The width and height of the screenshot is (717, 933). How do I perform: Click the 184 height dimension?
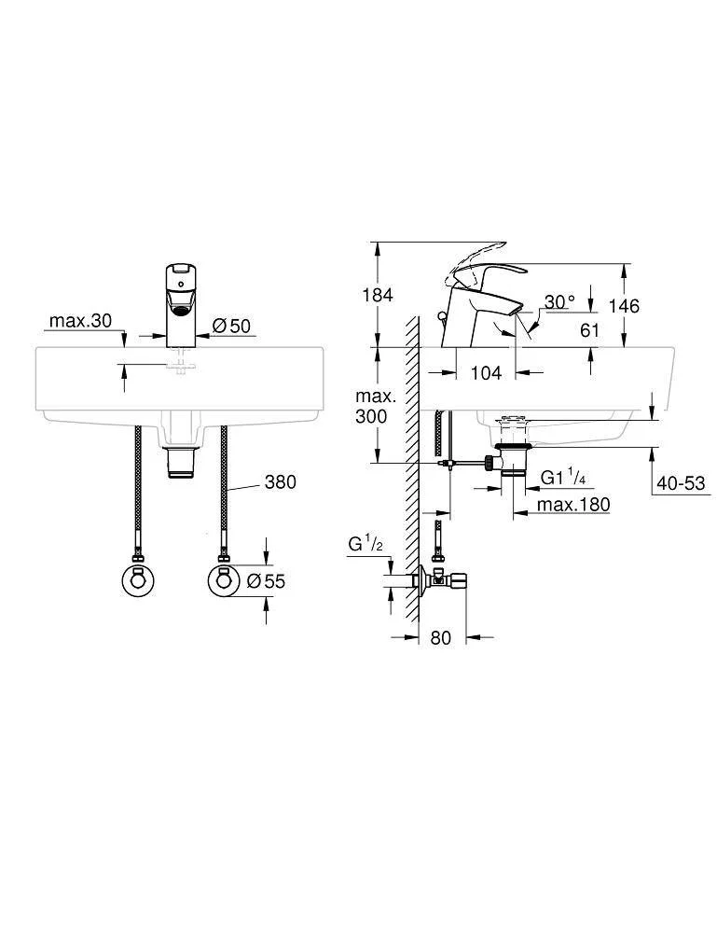click(378, 295)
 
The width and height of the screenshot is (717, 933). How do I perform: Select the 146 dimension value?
click(624, 306)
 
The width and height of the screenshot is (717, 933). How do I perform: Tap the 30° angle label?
click(559, 302)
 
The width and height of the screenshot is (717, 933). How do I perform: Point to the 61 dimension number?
click(590, 329)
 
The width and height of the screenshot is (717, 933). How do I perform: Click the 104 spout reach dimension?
click(486, 373)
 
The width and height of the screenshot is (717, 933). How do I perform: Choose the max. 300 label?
click(375, 406)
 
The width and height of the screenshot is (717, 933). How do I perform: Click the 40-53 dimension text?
click(681, 482)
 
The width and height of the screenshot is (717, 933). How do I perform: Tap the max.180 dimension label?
click(573, 505)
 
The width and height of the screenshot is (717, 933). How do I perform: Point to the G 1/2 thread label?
click(365, 543)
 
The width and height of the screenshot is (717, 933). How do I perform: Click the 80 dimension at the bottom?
click(440, 638)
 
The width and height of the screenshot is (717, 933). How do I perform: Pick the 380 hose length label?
click(280, 481)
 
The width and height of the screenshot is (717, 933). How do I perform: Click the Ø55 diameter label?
click(266, 580)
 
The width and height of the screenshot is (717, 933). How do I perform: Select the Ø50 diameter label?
click(231, 326)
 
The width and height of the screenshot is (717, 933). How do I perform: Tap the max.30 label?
click(80, 321)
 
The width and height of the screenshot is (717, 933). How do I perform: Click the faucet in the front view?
click(183, 305)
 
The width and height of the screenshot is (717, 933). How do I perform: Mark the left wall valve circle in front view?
click(138, 580)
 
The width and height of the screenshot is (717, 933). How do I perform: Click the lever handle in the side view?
click(485, 271)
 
